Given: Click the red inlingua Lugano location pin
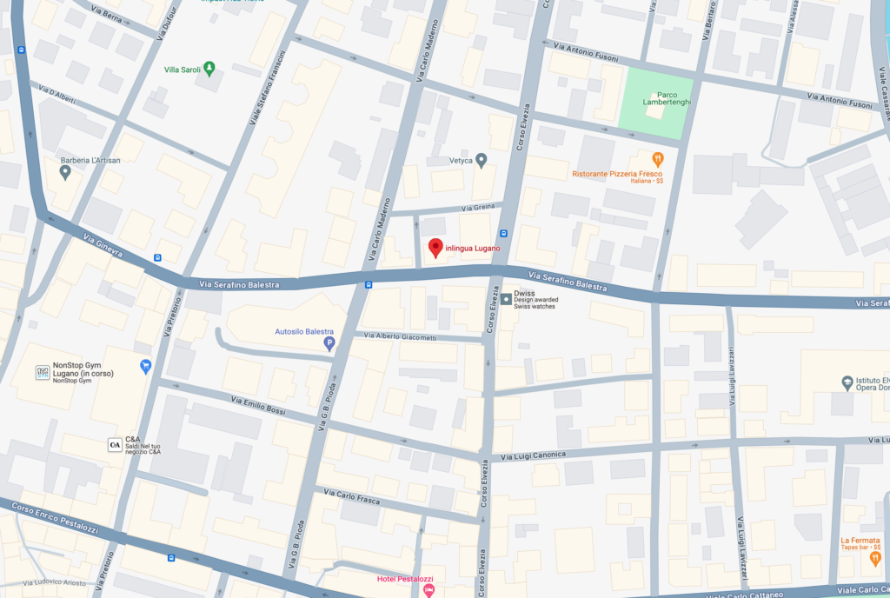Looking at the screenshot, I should click(435, 248).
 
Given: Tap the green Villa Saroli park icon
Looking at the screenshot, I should click(209, 69).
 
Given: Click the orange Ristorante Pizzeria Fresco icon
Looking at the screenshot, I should click(658, 159).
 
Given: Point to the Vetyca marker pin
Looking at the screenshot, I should click(481, 160).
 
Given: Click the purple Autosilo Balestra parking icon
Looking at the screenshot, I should click(329, 344).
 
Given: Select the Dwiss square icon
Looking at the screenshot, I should click(506, 300).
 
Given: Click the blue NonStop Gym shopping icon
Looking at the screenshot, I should click(145, 366).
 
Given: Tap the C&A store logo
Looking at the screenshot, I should click(115, 444).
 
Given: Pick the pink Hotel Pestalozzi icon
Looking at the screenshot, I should click(428, 590).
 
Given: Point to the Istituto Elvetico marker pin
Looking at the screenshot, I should click(847, 382).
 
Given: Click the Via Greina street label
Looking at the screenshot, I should click(478, 208).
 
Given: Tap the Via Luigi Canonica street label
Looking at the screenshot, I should click(534, 455).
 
